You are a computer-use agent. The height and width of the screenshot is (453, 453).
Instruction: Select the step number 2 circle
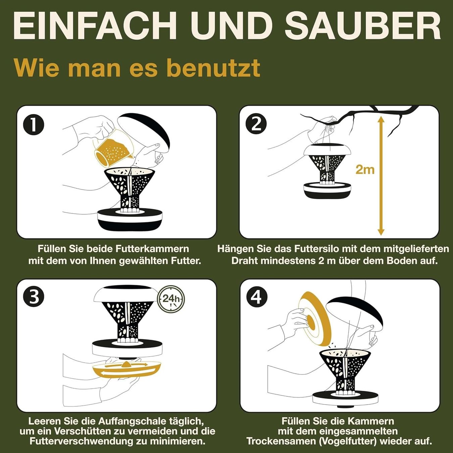[x=256, y=124]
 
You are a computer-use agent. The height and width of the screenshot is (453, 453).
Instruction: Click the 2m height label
[x=365, y=169]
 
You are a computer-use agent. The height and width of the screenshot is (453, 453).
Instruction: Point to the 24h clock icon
[x=171, y=299]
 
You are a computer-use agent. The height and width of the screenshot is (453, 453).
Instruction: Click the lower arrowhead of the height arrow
[x=381, y=231]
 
